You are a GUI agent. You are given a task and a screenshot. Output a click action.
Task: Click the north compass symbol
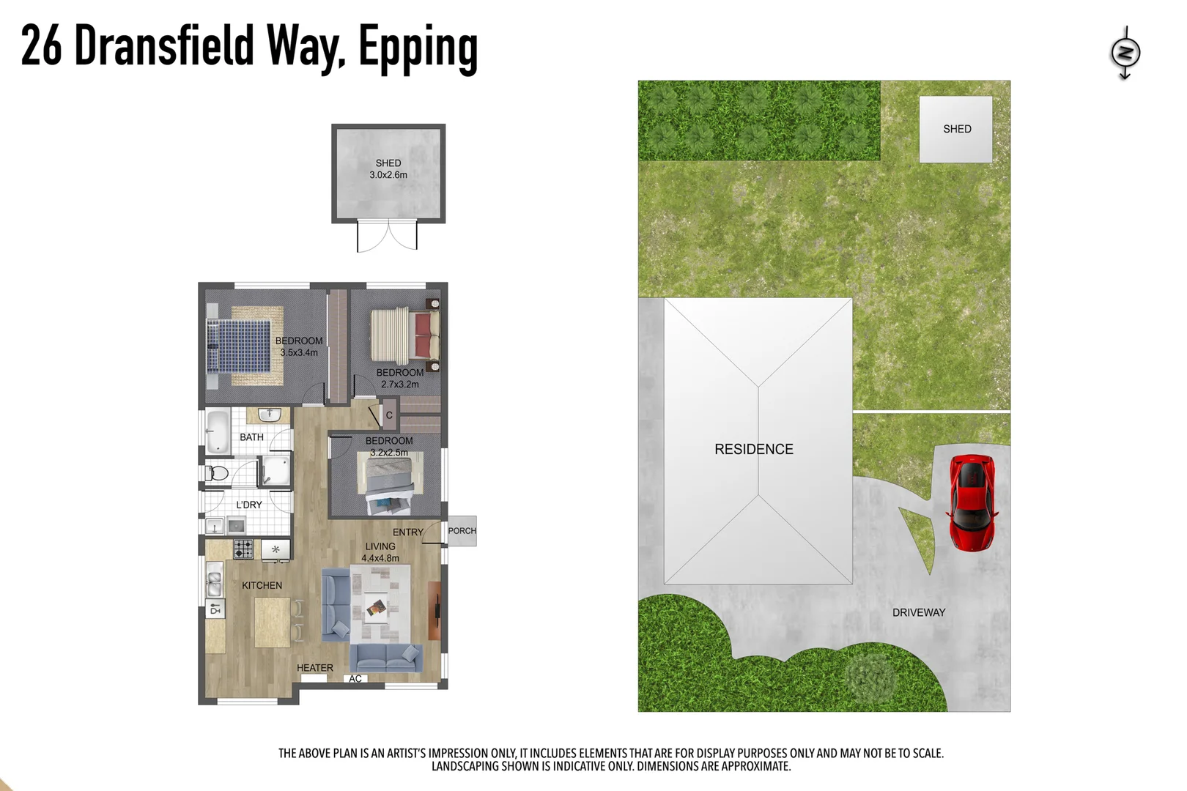click(x=1125, y=53)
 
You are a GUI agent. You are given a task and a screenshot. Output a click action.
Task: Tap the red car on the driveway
click(x=972, y=502)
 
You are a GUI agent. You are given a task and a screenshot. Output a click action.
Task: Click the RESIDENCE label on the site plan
click(x=753, y=449)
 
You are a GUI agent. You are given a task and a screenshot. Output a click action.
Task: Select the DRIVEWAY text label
click(x=918, y=612)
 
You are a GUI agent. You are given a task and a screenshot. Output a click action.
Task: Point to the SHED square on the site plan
click(x=955, y=129)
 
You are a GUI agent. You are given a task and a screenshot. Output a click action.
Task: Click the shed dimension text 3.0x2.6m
click(x=388, y=175)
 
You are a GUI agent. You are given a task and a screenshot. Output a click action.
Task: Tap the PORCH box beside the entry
click(x=462, y=531)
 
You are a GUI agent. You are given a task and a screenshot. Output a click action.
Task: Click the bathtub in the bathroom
click(x=218, y=432)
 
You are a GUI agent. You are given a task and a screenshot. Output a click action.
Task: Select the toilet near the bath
click(x=217, y=473)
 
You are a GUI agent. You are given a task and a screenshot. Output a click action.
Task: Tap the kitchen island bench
click(x=272, y=623)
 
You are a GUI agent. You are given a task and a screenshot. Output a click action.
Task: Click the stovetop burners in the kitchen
click(x=243, y=549)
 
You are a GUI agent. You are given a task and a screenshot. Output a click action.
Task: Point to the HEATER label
click(x=314, y=668)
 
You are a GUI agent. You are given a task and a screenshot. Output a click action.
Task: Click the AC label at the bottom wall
click(x=355, y=679)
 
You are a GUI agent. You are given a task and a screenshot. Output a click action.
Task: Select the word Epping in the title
click(x=418, y=48)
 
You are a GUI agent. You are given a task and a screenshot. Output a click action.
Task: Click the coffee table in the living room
click(x=377, y=607)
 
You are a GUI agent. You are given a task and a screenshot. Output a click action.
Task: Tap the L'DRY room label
click(x=248, y=505)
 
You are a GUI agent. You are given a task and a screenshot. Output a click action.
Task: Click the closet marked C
click(x=389, y=415)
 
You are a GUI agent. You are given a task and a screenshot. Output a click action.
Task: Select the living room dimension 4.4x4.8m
click(x=380, y=558)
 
